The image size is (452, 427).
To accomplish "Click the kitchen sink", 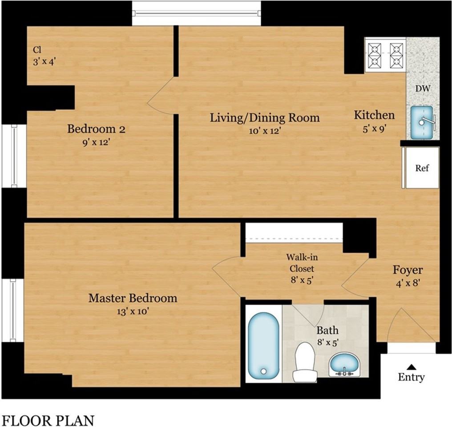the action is tap(422, 122).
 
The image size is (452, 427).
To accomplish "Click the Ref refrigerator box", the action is tap(421, 168).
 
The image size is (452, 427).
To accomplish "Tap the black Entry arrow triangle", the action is tap(412, 367).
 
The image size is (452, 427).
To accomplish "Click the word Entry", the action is tap(412, 377).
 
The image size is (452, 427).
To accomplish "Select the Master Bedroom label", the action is tap(133, 298).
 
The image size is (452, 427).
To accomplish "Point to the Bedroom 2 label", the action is tap(96, 129).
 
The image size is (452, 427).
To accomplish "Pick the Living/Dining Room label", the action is tap(265, 118).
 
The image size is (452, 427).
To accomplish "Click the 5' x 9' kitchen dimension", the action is tap(374, 129).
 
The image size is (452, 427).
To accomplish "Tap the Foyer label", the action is tap(408, 270).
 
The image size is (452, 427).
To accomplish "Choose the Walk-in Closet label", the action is tap(302, 263).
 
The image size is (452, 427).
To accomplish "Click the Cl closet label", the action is tap(37, 50).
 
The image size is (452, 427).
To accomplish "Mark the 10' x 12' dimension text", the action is tap(265, 131).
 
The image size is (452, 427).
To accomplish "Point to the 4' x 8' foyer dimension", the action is tap(408, 283).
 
